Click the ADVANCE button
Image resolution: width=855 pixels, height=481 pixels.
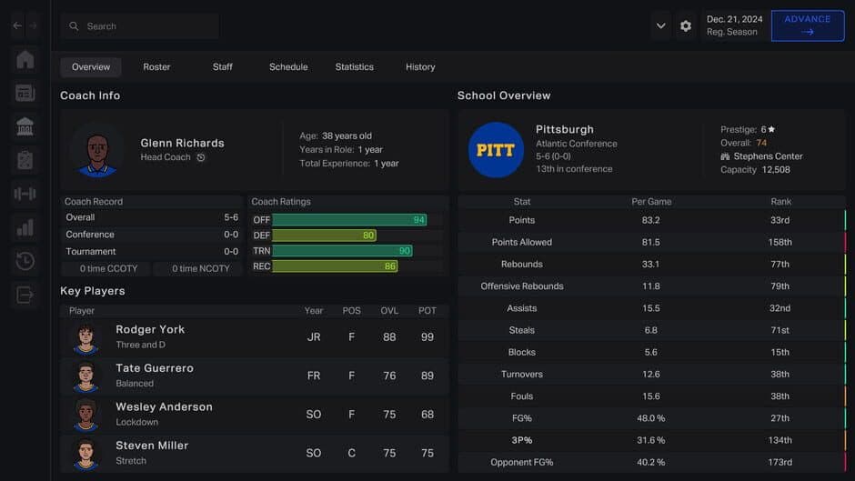coord(807,25)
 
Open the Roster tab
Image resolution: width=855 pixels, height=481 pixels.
coord(156,66)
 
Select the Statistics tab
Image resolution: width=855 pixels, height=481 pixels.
coord(354,66)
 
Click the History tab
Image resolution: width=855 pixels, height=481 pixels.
coord(419,66)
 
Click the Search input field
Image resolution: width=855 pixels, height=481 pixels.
coord(146,26)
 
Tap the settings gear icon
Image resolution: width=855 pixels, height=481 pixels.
coord(686,26)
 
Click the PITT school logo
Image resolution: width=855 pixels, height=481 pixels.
coord(496,150)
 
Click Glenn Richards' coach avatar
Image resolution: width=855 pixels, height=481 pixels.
coord(96,151)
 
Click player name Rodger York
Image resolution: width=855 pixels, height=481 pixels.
coord(150,329)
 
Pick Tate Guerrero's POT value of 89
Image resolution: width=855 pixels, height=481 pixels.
coord(427,376)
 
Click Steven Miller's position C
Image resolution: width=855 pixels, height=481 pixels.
coord(351,453)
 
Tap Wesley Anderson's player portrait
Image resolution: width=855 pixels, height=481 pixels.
coord(85,414)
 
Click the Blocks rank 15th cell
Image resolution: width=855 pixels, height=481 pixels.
coord(780,352)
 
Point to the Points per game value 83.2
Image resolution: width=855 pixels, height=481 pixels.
coord(650,220)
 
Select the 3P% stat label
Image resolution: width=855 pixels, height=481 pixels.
coord(522,440)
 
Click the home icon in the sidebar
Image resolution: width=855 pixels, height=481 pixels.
coord(25,60)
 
